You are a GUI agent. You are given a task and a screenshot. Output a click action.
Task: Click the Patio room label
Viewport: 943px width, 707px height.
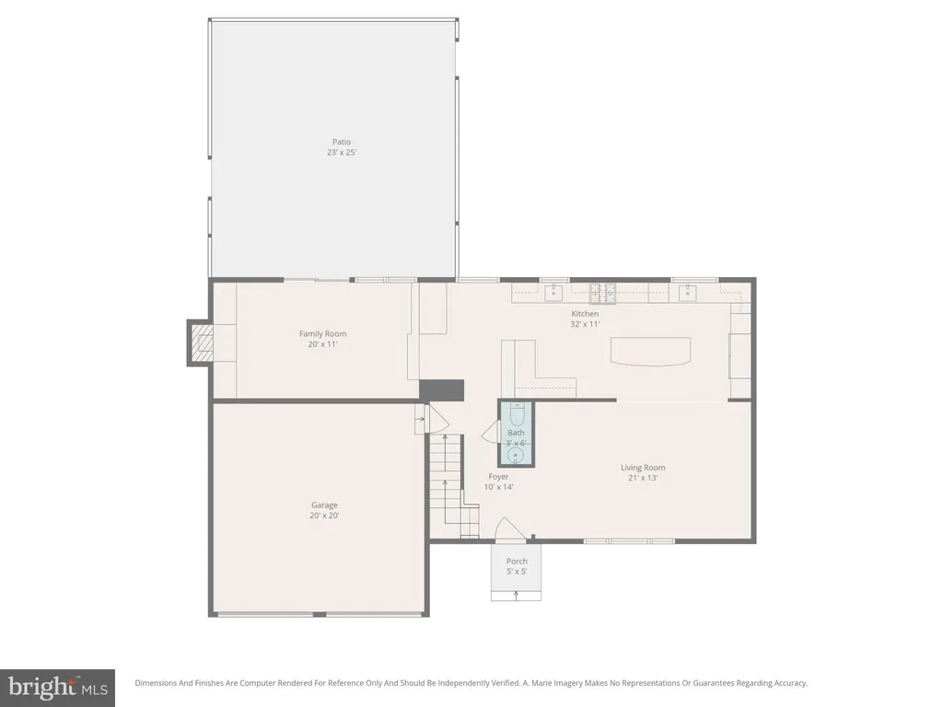(342, 142)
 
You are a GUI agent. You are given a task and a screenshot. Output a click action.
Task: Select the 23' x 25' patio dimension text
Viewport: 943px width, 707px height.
(342, 153)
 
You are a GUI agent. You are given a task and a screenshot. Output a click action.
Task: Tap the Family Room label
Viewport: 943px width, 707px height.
(323, 333)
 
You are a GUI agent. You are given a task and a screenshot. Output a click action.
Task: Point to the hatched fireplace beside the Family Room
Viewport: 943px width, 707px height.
(205, 343)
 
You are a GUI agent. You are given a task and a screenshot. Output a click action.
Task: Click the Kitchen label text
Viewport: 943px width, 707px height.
(585, 314)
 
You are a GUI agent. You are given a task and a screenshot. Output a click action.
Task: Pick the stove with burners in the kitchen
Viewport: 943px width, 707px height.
(602, 293)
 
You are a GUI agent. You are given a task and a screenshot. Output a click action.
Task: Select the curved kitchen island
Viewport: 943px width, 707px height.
(650, 351)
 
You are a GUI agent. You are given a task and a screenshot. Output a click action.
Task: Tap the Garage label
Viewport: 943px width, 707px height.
(324, 505)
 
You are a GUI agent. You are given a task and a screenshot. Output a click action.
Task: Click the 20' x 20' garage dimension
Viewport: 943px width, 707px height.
(324, 516)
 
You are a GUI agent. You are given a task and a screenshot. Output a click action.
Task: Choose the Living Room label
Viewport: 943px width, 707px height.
(643, 467)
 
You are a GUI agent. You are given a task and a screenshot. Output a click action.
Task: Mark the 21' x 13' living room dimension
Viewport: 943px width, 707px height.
(643, 478)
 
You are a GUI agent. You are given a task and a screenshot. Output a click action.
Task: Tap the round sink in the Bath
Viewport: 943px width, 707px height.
(516, 457)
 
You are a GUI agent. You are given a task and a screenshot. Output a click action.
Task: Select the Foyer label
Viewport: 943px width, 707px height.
(498, 477)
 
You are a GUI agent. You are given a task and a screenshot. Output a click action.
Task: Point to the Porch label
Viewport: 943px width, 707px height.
(517, 562)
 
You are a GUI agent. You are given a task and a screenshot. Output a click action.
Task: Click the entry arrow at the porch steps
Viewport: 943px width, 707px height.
(516, 596)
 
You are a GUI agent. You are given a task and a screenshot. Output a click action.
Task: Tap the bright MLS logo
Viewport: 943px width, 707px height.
(58, 687)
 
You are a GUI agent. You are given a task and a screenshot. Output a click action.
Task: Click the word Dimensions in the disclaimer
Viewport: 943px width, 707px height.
(155, 683)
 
